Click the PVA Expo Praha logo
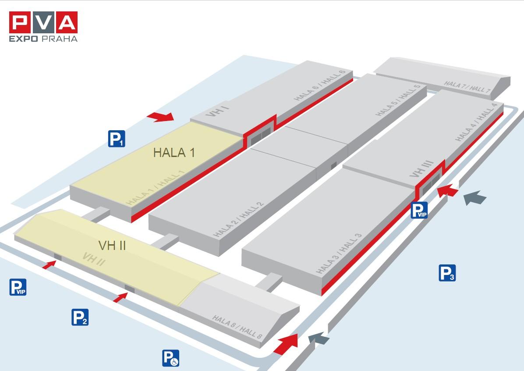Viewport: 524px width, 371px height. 43,27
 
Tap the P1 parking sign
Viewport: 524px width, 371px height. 117,139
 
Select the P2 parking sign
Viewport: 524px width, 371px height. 80,317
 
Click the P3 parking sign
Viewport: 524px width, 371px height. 447,273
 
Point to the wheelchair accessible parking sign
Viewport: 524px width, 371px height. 171,358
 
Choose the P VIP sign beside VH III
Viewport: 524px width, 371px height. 419,210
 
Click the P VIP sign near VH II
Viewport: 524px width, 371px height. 18,287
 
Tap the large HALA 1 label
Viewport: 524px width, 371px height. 174,153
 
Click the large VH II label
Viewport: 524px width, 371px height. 112,246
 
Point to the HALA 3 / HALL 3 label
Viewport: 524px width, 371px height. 339,253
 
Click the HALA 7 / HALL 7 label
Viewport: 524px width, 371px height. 467,87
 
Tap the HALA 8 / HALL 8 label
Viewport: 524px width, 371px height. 237,327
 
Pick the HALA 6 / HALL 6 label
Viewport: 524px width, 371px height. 319,86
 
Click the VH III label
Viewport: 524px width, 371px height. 422,169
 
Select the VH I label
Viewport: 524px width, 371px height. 217,111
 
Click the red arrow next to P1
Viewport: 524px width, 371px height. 161,117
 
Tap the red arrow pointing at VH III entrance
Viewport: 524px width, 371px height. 447,191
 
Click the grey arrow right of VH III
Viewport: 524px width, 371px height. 475,198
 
